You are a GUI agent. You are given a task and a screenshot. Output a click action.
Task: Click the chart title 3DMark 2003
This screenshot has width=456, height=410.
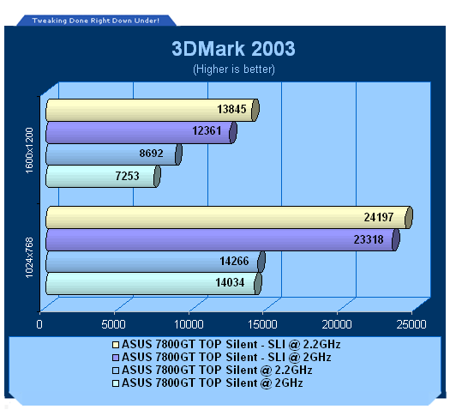233,49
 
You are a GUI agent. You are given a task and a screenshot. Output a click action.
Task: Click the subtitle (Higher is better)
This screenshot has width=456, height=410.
234,69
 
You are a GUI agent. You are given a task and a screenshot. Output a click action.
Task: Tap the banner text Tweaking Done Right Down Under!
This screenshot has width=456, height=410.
96,21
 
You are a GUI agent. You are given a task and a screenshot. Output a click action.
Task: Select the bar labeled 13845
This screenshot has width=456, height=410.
153,110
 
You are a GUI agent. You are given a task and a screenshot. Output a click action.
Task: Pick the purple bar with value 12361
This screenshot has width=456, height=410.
141,132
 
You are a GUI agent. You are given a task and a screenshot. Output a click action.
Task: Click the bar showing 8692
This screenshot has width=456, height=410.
114,154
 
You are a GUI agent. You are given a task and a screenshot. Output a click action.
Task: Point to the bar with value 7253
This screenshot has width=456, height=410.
103,177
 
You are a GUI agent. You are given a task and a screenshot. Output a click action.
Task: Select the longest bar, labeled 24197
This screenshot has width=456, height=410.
229,217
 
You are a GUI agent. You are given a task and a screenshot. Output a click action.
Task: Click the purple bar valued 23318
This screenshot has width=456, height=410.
223,239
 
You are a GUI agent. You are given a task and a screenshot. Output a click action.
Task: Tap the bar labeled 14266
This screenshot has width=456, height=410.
155,262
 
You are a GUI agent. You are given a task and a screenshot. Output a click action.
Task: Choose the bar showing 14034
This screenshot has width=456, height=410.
153,283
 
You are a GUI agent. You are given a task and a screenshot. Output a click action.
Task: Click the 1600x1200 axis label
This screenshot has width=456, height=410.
29,150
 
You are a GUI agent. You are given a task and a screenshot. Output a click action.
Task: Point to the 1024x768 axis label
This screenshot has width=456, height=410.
29,258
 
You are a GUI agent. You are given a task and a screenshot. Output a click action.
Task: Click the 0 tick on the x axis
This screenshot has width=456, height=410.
39,324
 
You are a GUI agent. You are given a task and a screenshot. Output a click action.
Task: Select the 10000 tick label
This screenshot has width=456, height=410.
189,324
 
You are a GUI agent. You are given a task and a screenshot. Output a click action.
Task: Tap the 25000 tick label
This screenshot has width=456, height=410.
411,324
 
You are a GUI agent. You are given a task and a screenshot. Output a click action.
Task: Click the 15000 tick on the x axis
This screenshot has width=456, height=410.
262,324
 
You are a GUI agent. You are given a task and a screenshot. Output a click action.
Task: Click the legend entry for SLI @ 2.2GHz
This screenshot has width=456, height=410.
226,345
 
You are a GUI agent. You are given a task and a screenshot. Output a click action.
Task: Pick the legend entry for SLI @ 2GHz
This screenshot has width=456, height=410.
222,358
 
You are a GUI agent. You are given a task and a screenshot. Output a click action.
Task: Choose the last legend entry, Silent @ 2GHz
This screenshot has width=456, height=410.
207,383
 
